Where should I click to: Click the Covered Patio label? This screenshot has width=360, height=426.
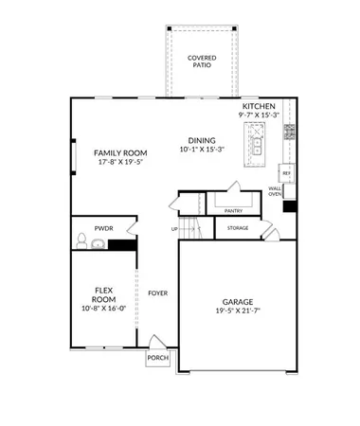201,62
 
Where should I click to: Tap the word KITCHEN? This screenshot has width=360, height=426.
259,107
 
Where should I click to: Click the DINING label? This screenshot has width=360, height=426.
200,140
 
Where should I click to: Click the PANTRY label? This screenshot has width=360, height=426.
233,210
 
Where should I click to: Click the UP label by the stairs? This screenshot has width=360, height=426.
174,229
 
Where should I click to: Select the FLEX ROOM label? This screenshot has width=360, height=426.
103,293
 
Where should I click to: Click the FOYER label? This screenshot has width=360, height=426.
157,293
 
